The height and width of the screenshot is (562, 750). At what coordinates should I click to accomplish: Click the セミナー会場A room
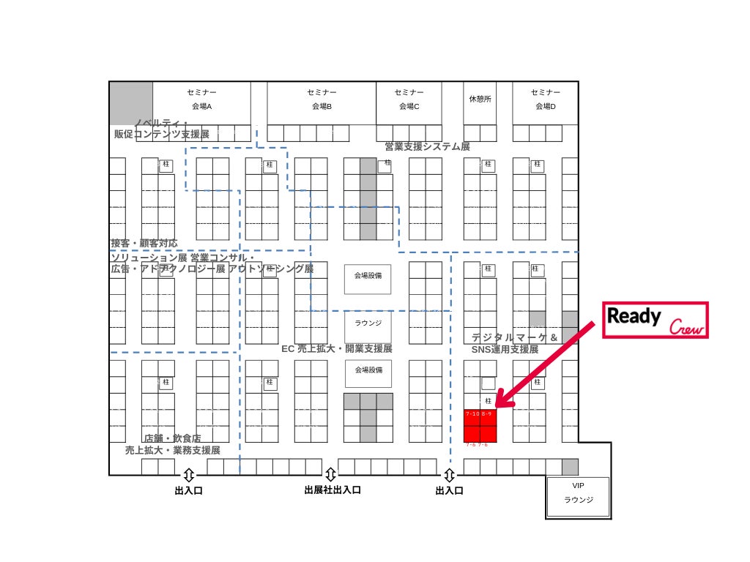click(201, 100)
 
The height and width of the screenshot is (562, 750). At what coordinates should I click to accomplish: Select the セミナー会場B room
click(322, 100)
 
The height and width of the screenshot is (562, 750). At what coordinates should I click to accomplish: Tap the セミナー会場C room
click(409, 100)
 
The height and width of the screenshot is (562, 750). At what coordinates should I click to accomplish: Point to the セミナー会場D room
click(545, 100)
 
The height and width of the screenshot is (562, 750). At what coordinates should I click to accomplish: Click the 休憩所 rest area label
click(480, 100)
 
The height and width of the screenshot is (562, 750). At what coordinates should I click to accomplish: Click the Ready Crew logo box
click(656, 320)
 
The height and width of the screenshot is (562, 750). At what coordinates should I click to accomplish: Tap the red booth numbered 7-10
click(472, 416)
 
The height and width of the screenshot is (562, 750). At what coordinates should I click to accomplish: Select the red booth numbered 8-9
click(489, 416)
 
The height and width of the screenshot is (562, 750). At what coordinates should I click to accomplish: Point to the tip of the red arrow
click(497, 405)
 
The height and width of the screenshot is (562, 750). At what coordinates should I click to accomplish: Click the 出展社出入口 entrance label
click(333, 490)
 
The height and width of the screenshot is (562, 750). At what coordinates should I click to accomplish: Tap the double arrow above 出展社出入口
click(330, 474)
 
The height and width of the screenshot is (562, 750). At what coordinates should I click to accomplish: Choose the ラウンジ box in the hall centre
click(368, 323)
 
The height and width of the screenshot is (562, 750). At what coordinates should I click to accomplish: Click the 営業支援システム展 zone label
click(428, 146)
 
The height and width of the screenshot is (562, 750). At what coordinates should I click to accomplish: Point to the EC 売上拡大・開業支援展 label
click(337, 349)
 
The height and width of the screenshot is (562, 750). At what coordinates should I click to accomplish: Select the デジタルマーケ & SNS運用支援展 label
click(513, 343)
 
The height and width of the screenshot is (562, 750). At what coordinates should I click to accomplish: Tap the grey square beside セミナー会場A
click(131, 103)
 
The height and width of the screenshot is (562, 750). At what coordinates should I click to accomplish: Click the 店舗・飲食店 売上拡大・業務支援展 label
click(172, 444)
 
